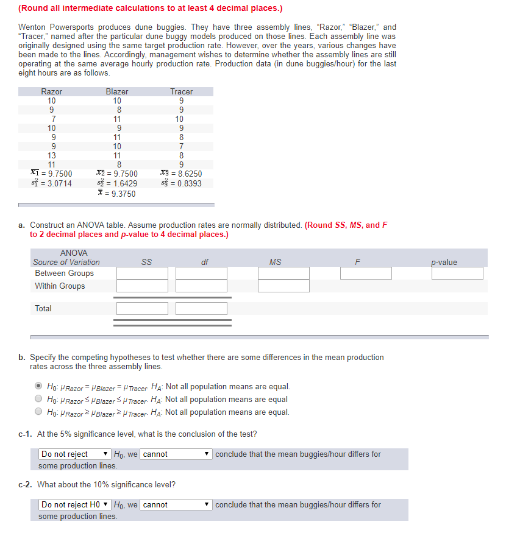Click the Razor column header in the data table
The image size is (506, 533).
(x=51, y=91)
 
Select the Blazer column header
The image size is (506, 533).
(x=117, y=91)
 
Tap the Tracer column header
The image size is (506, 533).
(x=181, y=91)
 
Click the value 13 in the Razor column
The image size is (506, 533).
(x=52, y=155)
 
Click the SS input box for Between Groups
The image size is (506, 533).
(x=142, y=274)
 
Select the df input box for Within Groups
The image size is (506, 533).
(x=201, y=286)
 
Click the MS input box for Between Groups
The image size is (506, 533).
(x=283, y=274)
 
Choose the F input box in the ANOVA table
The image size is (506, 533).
(x=366, y=274)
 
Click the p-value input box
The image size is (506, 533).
(x=457, y=274)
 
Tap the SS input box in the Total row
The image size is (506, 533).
(x=142, y=309)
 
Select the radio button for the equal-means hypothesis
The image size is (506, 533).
(x=38, y=387)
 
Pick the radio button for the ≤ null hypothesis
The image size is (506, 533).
(x=38, y=400)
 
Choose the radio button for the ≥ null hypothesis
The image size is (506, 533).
(x=38, y=412)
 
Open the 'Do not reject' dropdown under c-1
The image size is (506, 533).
(x=75, y=454)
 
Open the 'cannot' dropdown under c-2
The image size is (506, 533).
(x=177, y=505)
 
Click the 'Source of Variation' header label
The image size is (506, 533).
(x=66, y=263)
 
